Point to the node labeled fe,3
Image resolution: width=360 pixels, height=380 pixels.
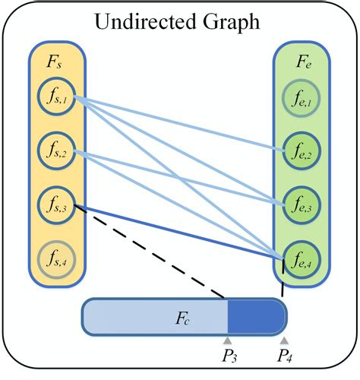click(302, 204)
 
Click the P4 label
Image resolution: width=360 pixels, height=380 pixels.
click(285, 357)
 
